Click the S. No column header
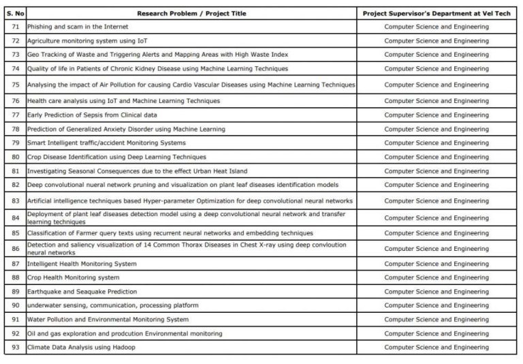tap(15, 13)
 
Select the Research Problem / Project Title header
tap(191, 13)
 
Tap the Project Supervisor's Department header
tap(436, 13)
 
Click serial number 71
tap(15, 27)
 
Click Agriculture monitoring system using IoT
tap(87, 41)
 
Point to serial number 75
tap(15, 85)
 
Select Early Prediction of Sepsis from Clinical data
tap(92, 115)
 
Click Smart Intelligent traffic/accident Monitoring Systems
tap(106, 143)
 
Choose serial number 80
tap(15, 157)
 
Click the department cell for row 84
tap(436, 217)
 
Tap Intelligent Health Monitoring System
tap(82, 264)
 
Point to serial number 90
tap(15, 305)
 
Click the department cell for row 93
tap(436, 348)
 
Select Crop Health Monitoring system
tap(74, 277)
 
